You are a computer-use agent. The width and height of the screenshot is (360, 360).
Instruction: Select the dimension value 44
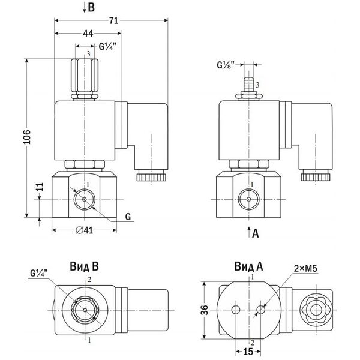88,35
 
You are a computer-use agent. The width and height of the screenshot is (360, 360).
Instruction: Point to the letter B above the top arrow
91,8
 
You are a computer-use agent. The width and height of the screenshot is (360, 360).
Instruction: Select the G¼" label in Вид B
39,274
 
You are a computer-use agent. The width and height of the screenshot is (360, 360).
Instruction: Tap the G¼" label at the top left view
107,46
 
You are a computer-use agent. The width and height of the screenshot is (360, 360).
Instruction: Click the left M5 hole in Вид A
236,310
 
